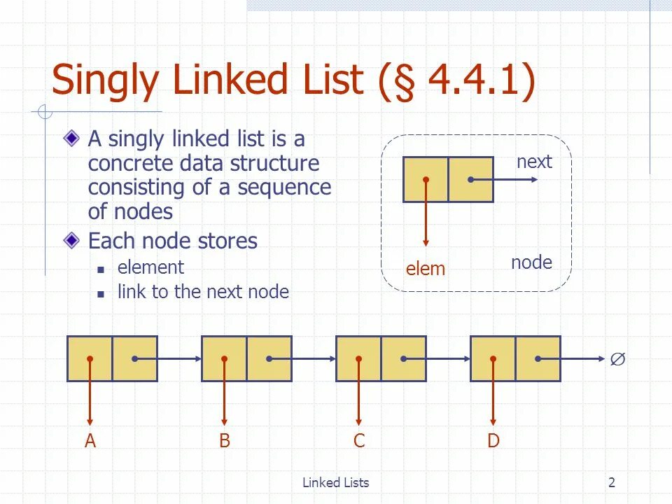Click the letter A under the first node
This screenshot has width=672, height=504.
pyautogui.click(x=90, y=441)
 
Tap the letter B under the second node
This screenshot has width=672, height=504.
pyautogui.click(x=224, y=441)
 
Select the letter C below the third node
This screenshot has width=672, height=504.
pyautogui.click(x=358, y=441)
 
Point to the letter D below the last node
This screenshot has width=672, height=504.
pyautogui.click(x=493, y=441)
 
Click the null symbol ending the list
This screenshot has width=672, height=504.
pyautogui.click(x=617, y=359)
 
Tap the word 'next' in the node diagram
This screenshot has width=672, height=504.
pyautogui.click(x=534, y=162)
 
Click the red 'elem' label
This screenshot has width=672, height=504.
pyautogui.click(x=426, y=269)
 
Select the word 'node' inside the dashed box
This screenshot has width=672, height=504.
pyautogui.click(x=531, y=262)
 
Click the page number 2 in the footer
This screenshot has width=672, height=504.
pyautogui.click(x=612, y=482)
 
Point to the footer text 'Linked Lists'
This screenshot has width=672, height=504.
pyautogui.click(x=335, y=482)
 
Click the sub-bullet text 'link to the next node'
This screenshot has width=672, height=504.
pyautogui.click(x=203, y=292)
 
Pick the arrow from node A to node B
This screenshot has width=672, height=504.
pyautogui.click(x=179, y=359)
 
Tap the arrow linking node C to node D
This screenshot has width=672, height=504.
pyautogui.click(x=448, y=359)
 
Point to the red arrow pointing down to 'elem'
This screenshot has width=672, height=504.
pyautogui.click(x=426, y=224)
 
